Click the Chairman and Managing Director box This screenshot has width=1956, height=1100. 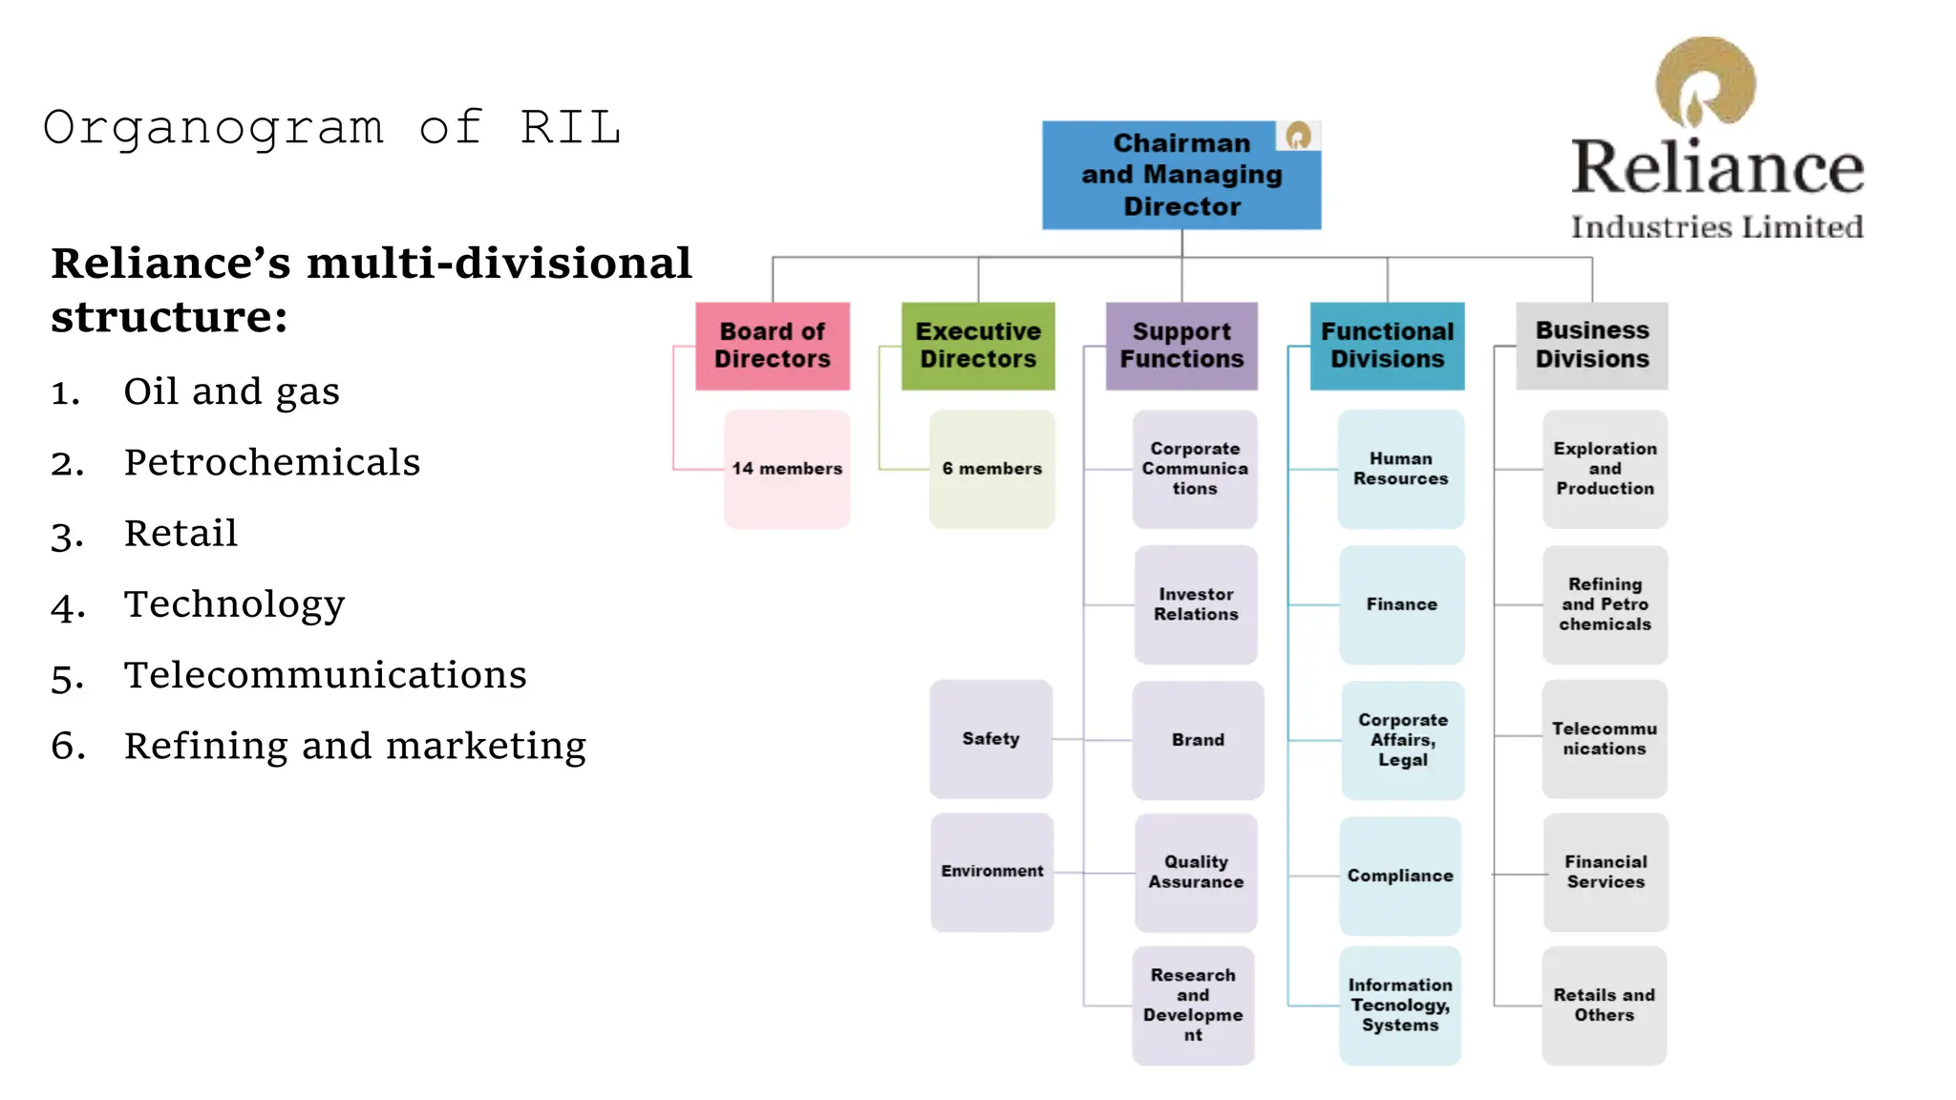(1180, 175)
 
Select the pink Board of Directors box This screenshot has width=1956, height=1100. (772, 346)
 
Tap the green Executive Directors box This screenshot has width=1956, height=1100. (978, 346)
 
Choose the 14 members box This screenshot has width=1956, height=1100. (787, 469)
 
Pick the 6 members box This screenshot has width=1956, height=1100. (991, 469)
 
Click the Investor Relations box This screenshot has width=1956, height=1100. (1196, 604)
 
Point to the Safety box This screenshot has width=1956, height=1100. (990, 739)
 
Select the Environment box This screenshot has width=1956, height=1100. (991, 872)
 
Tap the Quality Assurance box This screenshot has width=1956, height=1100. (1196, 872)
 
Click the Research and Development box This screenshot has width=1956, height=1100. (1193, 1005)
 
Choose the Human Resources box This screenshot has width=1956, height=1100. (1400, 469)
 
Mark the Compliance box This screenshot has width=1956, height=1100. (1400, 876)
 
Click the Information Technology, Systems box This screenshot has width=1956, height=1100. (1400, 1005)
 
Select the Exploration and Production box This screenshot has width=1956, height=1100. (1605, 469)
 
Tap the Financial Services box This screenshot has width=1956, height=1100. (1605, 872)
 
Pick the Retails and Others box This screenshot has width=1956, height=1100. (1605, 1005)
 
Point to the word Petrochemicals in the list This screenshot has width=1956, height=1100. (272, 463)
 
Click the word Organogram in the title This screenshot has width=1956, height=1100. (213, 128)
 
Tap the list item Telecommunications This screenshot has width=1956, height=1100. (325, 675)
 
